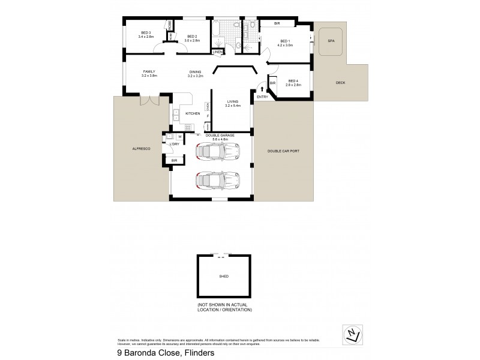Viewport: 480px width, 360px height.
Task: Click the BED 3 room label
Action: click(x=146, y=32)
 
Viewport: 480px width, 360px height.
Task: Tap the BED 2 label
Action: click(x=192, y=37)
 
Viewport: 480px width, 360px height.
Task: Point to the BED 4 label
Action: click(x=293, y=80)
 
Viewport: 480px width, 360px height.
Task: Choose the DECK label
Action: click(x=340, y=83)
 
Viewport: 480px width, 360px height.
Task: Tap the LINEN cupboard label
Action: click(x=218, y=52)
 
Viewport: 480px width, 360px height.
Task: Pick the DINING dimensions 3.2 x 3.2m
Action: click(x=196, y=76)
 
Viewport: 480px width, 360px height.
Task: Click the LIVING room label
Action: click(x=232, y=101)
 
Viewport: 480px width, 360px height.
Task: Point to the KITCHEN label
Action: click(x=192, y=113)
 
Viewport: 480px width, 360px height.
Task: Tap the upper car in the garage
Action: click(x=215, y=154)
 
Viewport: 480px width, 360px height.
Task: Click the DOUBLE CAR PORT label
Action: click(x=283, y=151)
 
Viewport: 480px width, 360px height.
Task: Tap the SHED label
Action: click(x=224, y=277)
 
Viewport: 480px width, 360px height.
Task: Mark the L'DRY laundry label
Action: click(x=174, y=144)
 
